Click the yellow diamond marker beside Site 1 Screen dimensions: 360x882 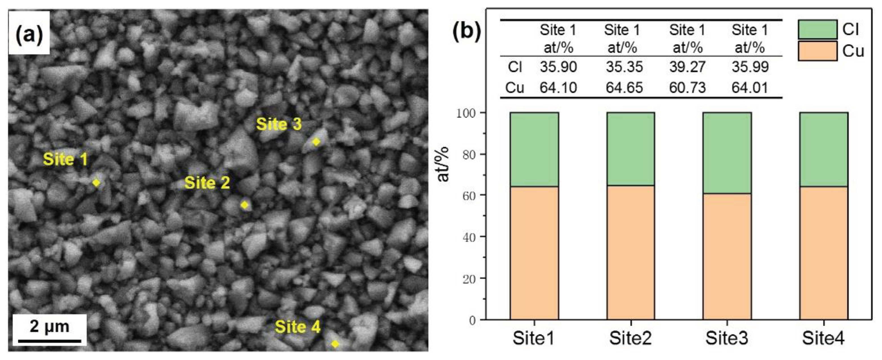pos(96,183)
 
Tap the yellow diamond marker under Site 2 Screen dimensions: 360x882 pos(244,205)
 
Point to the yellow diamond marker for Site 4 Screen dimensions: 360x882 pos(335,344)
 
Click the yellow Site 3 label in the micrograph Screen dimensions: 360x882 pos(279,124)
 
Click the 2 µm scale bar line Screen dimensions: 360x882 pos(49,341)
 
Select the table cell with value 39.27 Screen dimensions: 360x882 pos(687,67)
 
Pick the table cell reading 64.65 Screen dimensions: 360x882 pos(624,88)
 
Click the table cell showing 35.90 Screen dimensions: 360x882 pos(558,67)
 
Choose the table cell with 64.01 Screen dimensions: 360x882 pos(750,88)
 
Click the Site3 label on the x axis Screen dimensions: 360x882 pos(727,338)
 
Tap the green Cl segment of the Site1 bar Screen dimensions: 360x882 pos(534,150)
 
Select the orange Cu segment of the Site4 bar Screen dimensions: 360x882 pos(823,253)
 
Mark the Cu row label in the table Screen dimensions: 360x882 pos(514,88)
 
